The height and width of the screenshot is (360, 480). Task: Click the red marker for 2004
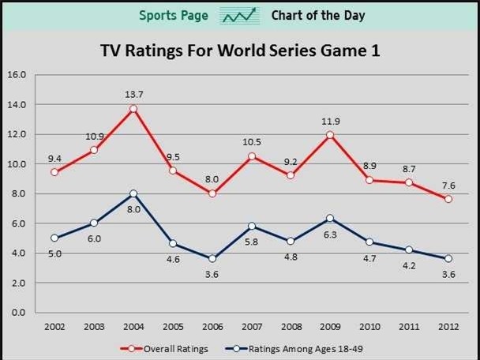pos(133,109)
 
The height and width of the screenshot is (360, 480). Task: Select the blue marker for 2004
pos(133,193)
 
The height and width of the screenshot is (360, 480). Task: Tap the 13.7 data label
pos(133,95)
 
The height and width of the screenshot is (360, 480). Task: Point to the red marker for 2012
pos(448,199)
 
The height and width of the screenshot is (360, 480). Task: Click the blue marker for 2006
pos(212,259)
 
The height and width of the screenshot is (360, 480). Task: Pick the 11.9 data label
pos(330,122)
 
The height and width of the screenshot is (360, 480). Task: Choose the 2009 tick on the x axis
pos(330,325)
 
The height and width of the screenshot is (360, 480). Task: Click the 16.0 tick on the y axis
pos(17,75)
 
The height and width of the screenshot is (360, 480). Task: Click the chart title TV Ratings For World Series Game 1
pos(240,51)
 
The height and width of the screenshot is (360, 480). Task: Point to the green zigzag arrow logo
pos(240,16)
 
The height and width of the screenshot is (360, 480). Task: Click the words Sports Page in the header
pos(174,16)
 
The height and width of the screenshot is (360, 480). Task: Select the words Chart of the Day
pos(317,16)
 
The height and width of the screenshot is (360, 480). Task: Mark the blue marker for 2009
pos(330,219)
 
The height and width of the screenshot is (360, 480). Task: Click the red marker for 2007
pos(252,156)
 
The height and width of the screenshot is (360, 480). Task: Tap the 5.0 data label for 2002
pos(54,253)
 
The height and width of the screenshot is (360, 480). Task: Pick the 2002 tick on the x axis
pos(54,325)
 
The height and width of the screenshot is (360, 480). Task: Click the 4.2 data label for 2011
pos(409,265)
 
